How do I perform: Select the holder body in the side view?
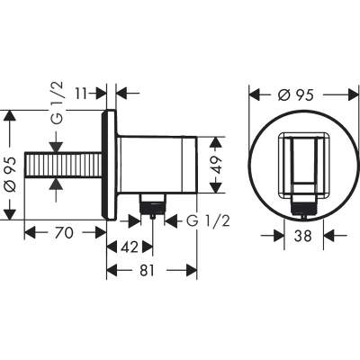click(157, 166)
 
